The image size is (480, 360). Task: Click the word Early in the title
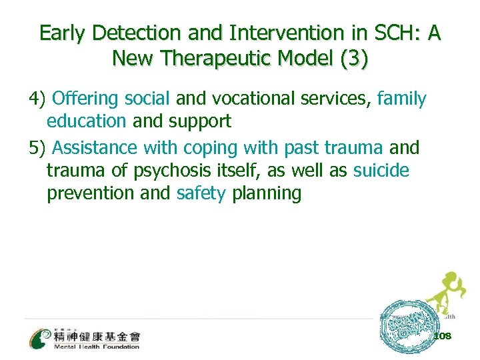point(65,33)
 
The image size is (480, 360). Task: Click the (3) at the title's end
point(353,59)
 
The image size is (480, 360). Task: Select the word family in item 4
point(401,99)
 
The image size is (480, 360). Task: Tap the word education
point(86,122)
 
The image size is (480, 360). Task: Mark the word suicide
point(381,171)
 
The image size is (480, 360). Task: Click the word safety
point(201,194)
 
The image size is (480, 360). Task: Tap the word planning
point(267,194)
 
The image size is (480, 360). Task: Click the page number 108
point(442,336)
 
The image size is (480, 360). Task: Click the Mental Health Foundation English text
point(97,347)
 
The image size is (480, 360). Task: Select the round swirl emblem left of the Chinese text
point(39,337)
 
